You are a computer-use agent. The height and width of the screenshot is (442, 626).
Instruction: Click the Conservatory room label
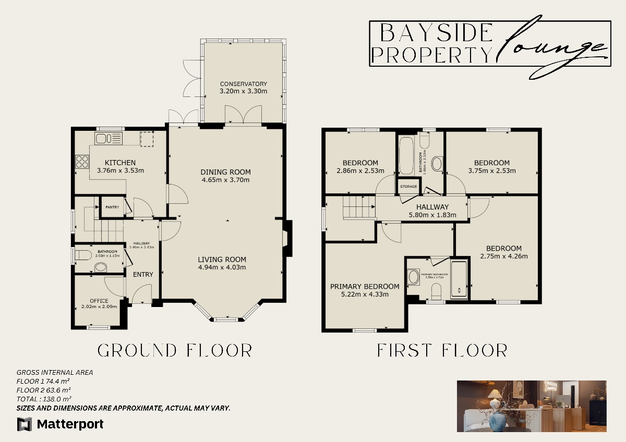[243, 84]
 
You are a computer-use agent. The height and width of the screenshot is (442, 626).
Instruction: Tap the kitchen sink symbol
[108, 139]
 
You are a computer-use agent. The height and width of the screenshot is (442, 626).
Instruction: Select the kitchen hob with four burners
[82, 162]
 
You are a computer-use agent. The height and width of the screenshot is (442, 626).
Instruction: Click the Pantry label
[112, 207]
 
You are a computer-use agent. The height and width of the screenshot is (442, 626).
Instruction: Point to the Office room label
[99, 301]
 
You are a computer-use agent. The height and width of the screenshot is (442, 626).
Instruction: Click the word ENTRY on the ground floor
[143, 275]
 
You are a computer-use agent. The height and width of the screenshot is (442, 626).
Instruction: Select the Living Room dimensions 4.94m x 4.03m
[222, 267]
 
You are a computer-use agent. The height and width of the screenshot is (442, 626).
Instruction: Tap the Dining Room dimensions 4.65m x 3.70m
[225, 180]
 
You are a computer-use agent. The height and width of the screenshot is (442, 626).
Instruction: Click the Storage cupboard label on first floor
[408, 187]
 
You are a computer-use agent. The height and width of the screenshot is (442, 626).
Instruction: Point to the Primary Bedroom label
[365, 286]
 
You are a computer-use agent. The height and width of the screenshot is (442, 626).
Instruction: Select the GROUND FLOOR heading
[175, 350]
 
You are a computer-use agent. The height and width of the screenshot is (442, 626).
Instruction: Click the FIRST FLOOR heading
[442, 350]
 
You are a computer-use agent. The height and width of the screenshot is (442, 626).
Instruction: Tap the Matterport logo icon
[25, 424]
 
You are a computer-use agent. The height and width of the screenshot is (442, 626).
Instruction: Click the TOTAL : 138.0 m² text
[44, 399]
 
